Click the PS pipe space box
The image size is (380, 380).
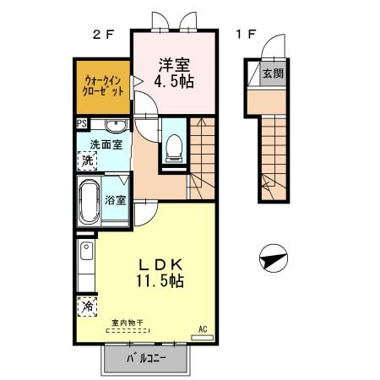[82, 123]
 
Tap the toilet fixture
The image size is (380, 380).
[174, 148]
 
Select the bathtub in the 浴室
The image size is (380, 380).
[90, 201]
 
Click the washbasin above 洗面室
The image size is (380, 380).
[116, 125]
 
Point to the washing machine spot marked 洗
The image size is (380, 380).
[87, 160]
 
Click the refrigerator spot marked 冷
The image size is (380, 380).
[87, 307]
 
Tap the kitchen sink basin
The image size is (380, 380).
[86, 251]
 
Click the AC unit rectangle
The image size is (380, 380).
[202, 338]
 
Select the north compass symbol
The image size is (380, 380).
[274, 258]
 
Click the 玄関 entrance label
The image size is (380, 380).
[273, 73]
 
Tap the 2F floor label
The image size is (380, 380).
[103, 35]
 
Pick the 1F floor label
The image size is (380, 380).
[246, 35]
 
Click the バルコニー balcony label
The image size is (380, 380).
[145, 358]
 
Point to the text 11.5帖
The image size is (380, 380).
[160, 280]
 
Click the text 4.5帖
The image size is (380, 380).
[174, 81]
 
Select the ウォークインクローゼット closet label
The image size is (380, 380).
[103, 86]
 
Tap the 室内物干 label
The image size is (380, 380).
[128, 323]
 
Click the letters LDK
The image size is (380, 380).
[161, 264]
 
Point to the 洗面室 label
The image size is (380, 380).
[106, 144]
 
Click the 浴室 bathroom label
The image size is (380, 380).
[116, 200]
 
